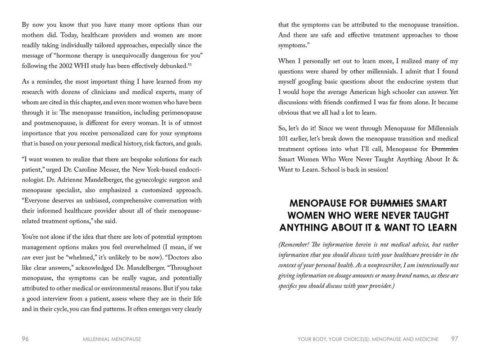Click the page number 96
click(25, 339)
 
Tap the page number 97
click(454, 339)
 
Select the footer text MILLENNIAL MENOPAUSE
click(112, 339)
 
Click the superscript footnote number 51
click(190, 64)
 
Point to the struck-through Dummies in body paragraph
click(444, 149)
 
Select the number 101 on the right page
click(284, 139)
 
